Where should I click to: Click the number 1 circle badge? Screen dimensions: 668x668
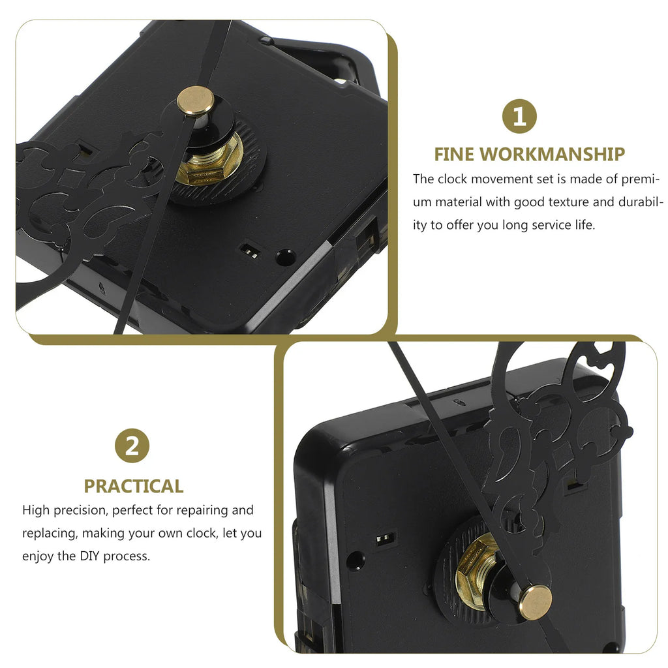coord(519,116)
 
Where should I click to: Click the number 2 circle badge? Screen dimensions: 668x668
coord(132,446)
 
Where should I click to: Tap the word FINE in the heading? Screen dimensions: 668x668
coord(454,154)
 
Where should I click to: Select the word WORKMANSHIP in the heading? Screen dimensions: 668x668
coord(553,154)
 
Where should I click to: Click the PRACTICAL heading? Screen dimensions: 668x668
coord(134,486)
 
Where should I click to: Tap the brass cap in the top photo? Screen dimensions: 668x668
coord(196,100)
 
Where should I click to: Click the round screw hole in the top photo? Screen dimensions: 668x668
coord(286,257)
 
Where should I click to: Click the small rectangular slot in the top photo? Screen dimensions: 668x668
coord(250,251)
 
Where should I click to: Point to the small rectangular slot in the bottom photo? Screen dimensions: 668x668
coord(386,539)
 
